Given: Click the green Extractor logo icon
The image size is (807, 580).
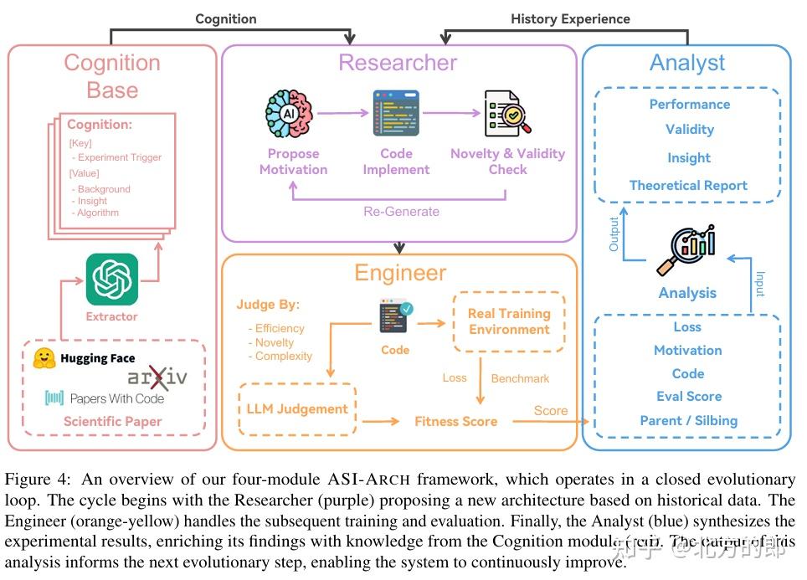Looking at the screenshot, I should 112,280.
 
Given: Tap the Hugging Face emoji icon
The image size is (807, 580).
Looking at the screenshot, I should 44,358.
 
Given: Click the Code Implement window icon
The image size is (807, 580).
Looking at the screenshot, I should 396,114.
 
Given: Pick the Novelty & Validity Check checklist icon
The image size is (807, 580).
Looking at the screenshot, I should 507,114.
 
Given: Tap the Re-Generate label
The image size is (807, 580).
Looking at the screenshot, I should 401,211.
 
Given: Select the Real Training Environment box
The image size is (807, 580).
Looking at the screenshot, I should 509,321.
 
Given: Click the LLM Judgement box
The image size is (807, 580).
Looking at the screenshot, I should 297,409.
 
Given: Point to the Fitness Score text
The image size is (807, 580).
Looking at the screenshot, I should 455,421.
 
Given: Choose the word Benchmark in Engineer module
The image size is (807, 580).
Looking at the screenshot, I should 520,378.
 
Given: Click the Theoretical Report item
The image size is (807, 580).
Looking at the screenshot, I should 688,186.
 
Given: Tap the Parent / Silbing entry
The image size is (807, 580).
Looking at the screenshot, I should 688,420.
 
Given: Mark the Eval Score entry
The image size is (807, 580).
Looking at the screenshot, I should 688,397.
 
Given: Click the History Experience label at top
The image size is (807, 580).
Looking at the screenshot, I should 570,18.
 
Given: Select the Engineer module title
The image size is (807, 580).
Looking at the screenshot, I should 400,273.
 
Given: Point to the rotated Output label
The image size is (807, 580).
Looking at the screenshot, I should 614,234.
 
